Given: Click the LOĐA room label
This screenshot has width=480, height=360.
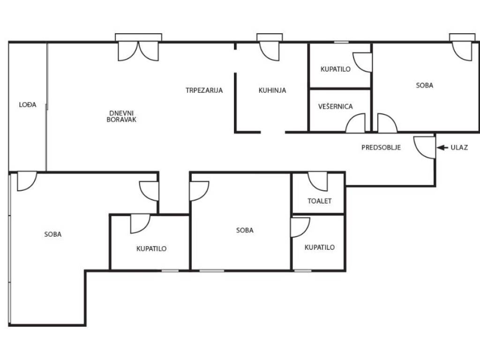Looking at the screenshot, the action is coord(28,105).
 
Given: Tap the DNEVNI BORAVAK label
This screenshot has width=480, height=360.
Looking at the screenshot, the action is coord(121,116).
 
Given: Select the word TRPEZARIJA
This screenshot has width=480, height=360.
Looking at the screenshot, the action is coord(204,90).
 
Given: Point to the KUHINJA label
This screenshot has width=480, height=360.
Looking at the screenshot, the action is coord(272,90).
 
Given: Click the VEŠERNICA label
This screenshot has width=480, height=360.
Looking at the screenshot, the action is coord(336,106).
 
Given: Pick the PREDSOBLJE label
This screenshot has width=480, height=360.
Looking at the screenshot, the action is coord(381,148).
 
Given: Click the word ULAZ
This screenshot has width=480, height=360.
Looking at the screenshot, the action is coord(459,148).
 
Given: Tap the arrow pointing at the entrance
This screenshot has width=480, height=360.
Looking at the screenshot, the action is coord(442,148).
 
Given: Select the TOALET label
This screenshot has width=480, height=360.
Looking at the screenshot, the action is coord(320,201).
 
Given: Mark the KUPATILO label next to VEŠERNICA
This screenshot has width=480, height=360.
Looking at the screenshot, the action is coord(336,69).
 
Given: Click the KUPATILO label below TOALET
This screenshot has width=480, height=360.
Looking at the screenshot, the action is coord(320,247).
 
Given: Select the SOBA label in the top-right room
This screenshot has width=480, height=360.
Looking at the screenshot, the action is coord(425,85).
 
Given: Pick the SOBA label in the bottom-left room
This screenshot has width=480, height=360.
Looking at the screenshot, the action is coord(53,234).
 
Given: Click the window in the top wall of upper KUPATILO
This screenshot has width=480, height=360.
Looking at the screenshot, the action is coord(341,42).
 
